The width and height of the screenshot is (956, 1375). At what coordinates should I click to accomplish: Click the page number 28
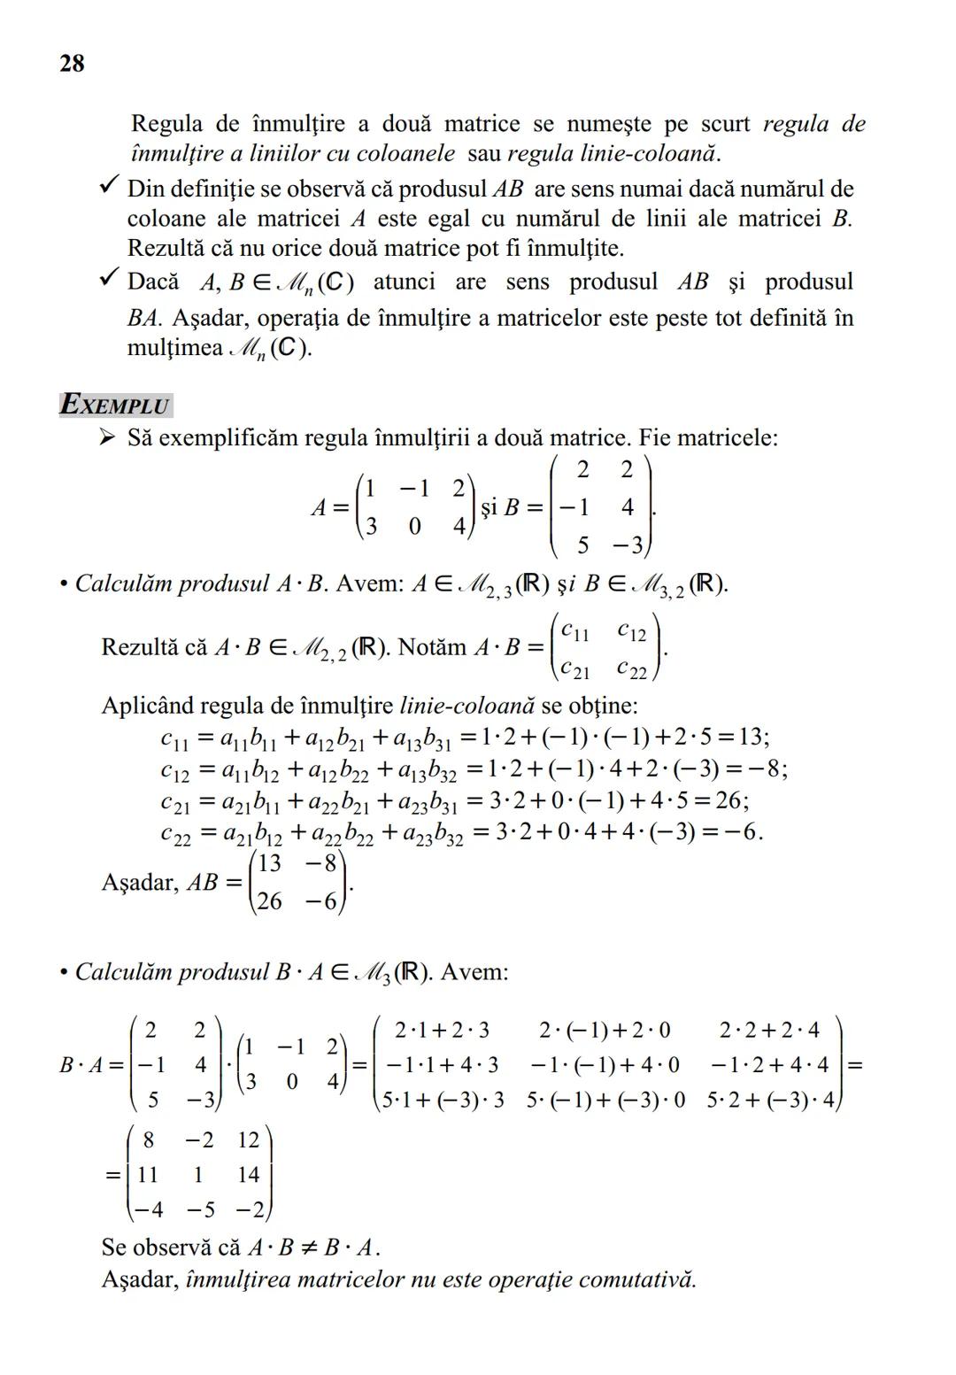pyautogui.click(x=72, y=64)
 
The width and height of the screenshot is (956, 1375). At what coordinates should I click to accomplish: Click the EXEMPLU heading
pyautogui.click(x=115, y=406)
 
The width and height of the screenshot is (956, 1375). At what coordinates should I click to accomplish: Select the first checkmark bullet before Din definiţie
pyautogui.click(x=109, y=187)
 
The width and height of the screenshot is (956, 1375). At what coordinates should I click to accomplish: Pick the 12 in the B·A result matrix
pyautogui.click(x=248, y=1139)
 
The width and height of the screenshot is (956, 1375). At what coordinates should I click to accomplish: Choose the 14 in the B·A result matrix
pyautogui.click(x=248, y=1175)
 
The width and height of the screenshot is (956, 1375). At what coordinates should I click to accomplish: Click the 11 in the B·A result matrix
pyautogui.click(x=147, y=1175)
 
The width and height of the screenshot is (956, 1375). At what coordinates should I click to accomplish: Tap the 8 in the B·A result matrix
pyautogui.click(x=149, y=1139)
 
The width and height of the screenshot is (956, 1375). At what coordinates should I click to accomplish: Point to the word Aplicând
pyautogui.click(x=146, y=706)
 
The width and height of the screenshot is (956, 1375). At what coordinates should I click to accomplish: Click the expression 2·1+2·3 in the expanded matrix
pyautogui.click(x=442, y=1031)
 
